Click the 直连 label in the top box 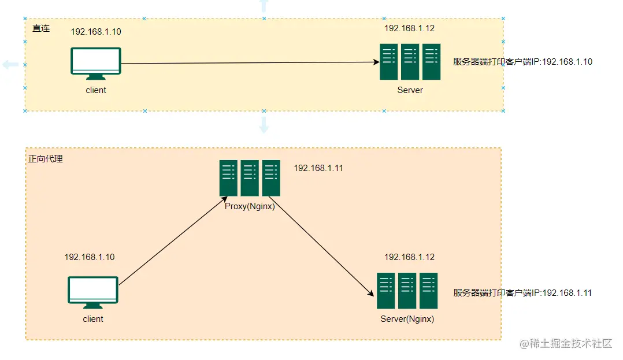(x=41, y=28)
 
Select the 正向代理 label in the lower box (x=46, y=158)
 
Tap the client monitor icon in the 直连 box (x=96, y=64)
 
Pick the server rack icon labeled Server (x=410, y=62)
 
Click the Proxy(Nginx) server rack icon (x=250, y=178)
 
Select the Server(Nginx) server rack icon (x=407, y=291)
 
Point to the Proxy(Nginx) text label (x=250, y=205)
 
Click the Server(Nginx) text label (x=407, y=318)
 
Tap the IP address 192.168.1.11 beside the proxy (x=318, y=168)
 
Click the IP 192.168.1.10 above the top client (x=96, y=32)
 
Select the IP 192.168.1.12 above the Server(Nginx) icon (x=409, y=257)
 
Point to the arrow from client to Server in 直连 (x=249, y=63)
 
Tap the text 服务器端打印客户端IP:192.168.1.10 (x=522, y=62)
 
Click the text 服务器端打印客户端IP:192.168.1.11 (x=522, y=293)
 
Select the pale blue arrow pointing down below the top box (x=264, y=125)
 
